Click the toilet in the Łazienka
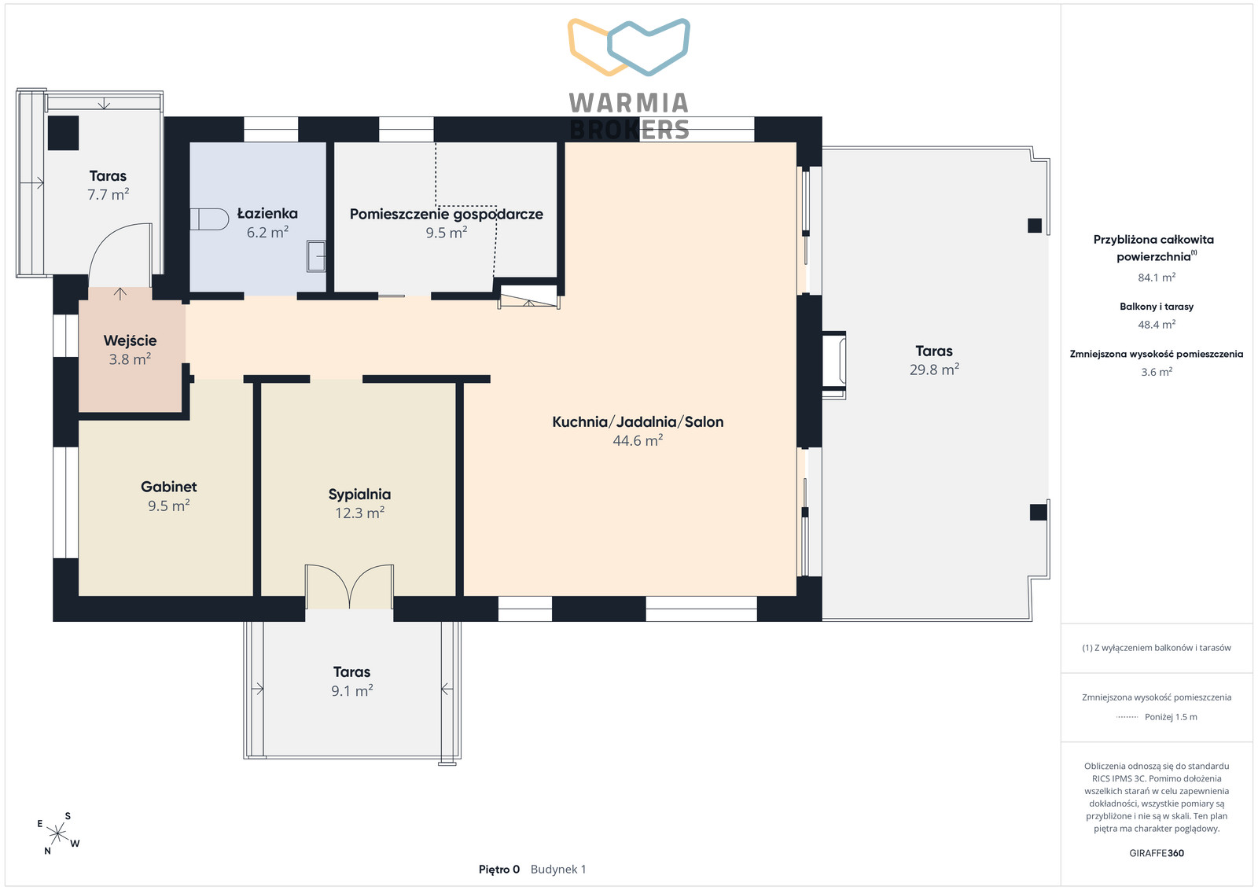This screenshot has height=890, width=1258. point(209,219)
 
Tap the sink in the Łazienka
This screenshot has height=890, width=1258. point(316,256)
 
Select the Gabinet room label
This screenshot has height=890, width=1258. point(168,487)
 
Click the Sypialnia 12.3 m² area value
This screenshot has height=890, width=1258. point(359,513)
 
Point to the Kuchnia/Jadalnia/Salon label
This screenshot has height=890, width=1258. point(638,421)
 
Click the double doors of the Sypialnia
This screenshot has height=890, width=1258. point(349,586)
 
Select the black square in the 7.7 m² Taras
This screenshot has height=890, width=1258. point(63,133)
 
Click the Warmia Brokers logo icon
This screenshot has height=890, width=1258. point(629,47)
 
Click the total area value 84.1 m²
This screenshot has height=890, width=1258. point(1157,278)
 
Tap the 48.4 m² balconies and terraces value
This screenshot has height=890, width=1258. point(1157,325)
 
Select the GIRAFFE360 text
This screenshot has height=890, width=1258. point(1157,853)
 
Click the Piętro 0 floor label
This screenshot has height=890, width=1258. point(498,870)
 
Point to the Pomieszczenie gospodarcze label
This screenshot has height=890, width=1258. point(447,214)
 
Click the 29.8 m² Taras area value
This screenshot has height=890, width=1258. point(934,370)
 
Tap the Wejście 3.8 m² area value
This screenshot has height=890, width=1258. point(130,359)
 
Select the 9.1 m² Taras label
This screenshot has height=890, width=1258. point(351,672)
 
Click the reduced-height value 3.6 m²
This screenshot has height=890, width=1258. point(1157,372)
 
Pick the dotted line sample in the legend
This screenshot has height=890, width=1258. point(1127,717)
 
